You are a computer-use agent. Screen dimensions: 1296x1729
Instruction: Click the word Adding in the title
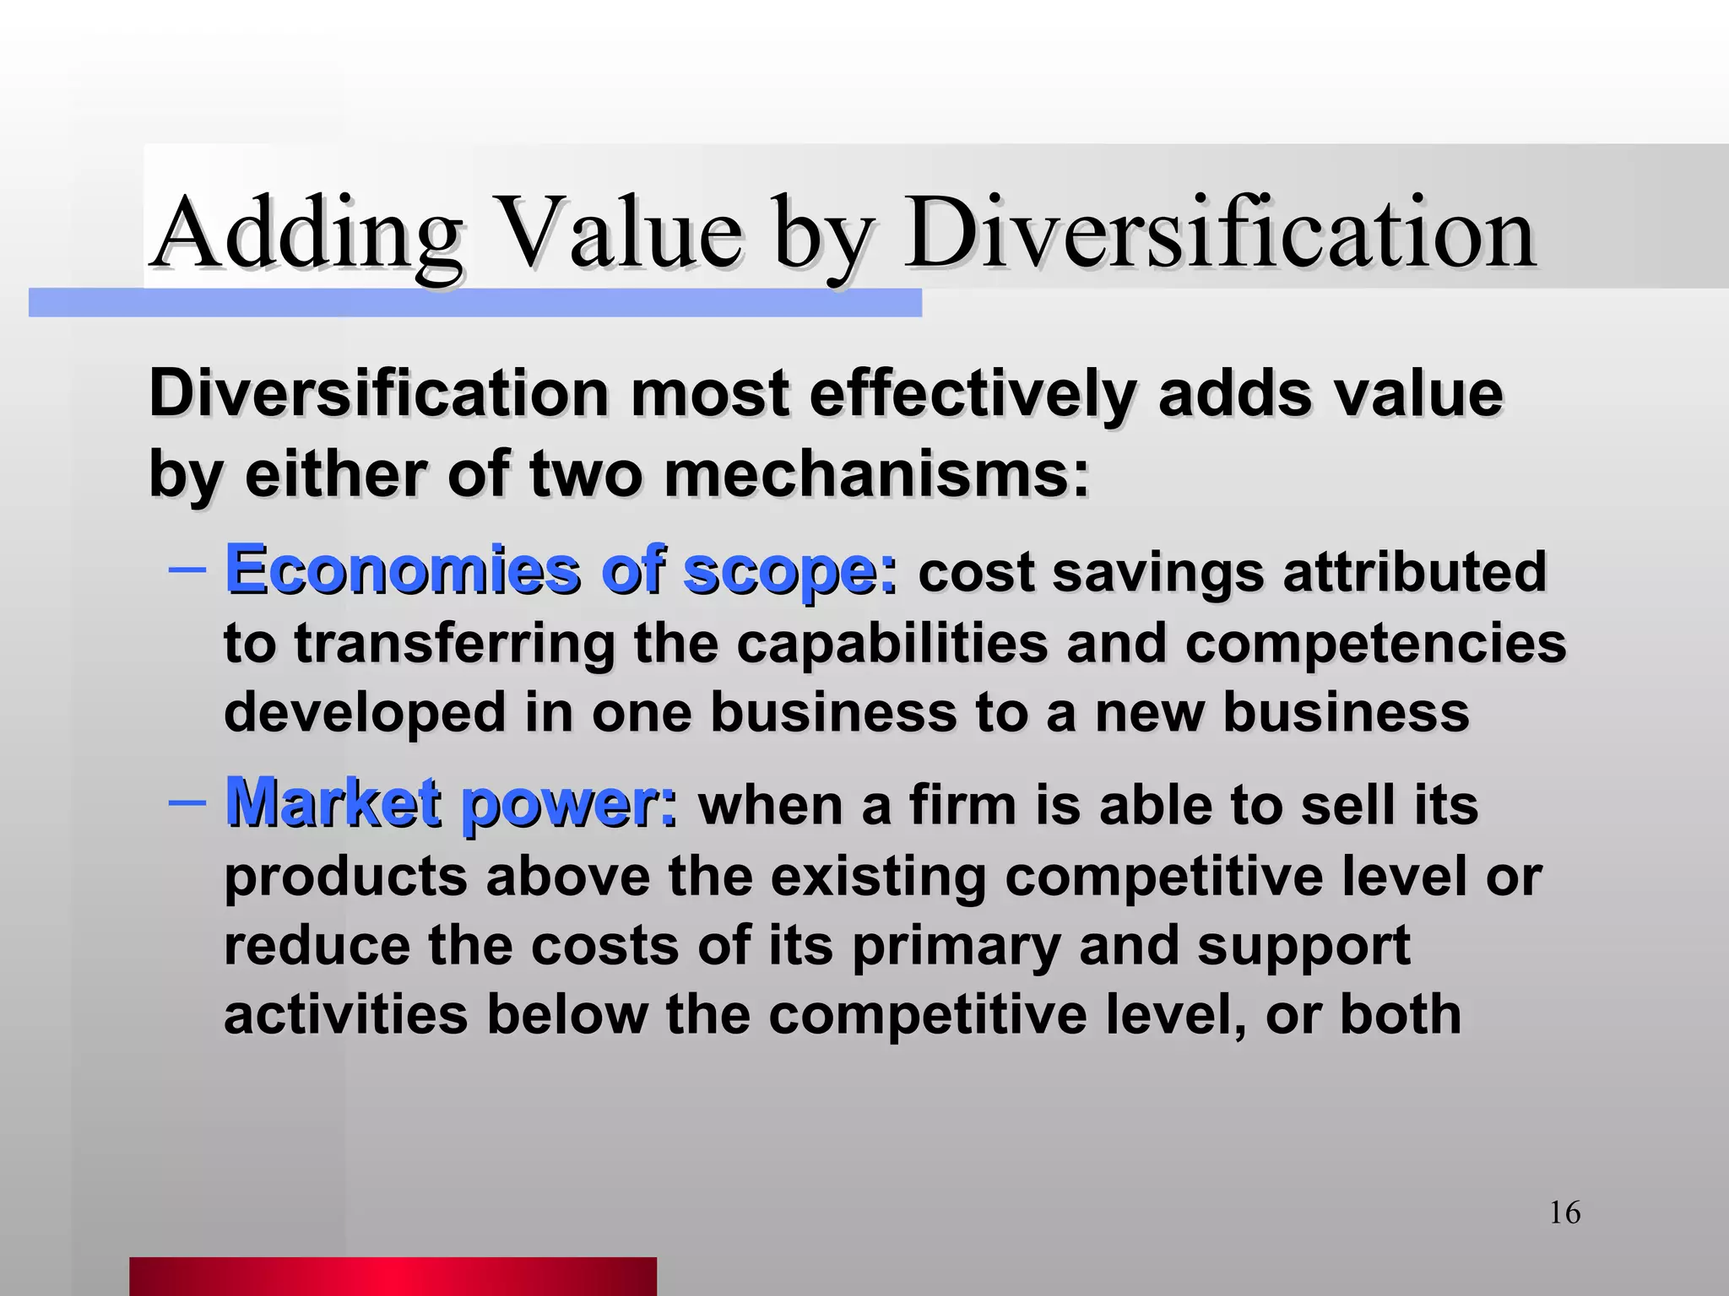[306, 234]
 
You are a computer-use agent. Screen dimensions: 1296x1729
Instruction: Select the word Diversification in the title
[1219, 234]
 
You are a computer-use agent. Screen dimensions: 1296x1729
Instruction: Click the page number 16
[1564, 1212]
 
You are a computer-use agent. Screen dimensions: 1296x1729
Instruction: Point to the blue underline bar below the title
[474, 303]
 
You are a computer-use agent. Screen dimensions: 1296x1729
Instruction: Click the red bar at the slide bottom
[393, 1276]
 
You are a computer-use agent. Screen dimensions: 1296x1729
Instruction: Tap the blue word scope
[789, 572]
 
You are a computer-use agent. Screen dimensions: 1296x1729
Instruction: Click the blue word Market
[333, 802]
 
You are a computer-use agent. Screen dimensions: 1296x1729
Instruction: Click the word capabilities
[892, 643]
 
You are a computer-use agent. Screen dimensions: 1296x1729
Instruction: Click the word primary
[956, 947]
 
